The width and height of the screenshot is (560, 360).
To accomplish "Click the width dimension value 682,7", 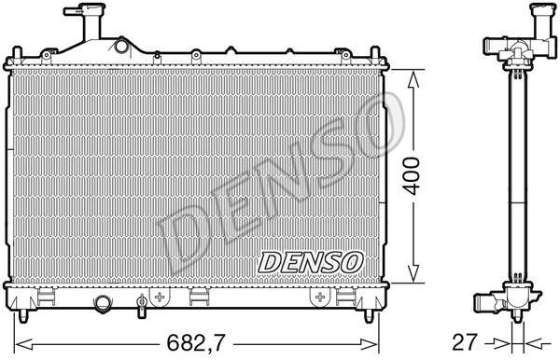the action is (196, 343).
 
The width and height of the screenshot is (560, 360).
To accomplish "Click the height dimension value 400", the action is (413, 176).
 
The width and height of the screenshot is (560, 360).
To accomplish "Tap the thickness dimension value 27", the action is (464, 342).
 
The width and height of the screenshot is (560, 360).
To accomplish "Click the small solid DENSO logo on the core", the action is (311, 262).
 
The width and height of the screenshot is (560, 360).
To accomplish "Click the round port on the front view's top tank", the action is (121, 46).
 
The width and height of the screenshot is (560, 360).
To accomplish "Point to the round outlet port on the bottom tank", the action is (103, 302).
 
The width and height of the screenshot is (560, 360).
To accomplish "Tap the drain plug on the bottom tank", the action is (142, 306).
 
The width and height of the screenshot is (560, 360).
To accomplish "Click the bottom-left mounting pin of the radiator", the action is (22, 315).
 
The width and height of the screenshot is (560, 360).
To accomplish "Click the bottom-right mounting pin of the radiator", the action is (369, 315).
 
